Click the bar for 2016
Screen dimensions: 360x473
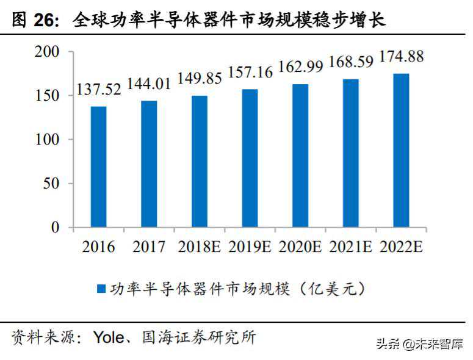[x=98, y=167]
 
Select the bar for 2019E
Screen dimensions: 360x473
[x=250, y=158]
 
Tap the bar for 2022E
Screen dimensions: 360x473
[x=400, y=151]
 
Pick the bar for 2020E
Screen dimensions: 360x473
[x=300, y=156]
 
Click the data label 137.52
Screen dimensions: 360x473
[x=98, y=90]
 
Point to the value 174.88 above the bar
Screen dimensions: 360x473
[x=401, y=57]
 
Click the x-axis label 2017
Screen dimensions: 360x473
[x=149, y=247]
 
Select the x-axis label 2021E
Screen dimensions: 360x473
[x=350, y=247]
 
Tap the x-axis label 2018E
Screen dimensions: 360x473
[x=200, y=247]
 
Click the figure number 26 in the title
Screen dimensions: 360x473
[x=44, y=21]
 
